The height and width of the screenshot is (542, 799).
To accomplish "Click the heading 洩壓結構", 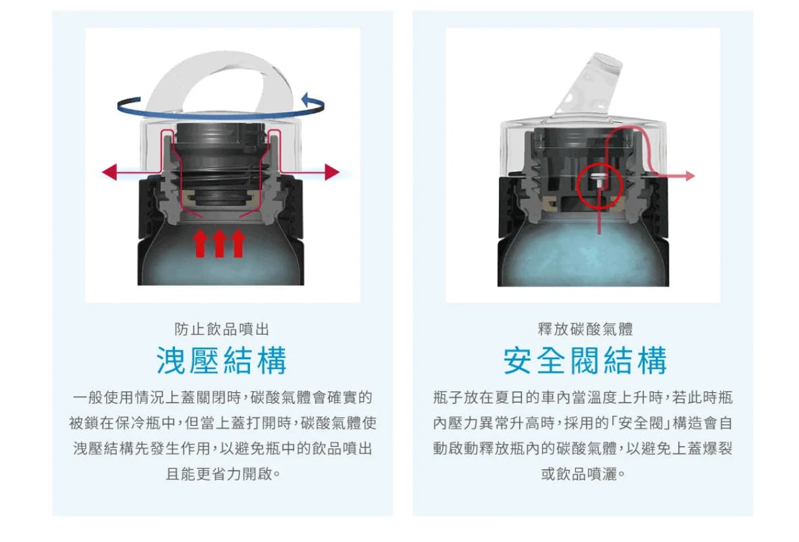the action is click(x=222, y=360).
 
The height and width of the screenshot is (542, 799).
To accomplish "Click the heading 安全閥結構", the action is click(x=585, y=360).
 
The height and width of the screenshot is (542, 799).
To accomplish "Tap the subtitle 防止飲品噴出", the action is click(x=222, y=329).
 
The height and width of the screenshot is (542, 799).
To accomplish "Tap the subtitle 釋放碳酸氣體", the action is click(x=585, y=329).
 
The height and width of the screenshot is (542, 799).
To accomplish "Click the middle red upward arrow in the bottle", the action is click(x=219, y=244).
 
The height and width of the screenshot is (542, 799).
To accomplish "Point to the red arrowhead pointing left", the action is click(x=110, y=172).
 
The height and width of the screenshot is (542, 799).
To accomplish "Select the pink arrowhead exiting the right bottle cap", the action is click(x=690, y=176).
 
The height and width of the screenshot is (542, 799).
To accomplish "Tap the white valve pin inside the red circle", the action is click(x=596, y=179).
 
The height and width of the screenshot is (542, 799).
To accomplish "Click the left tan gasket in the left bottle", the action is click(x=191, y=197).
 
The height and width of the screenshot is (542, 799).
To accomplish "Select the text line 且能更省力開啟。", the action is click(x=223, y=474).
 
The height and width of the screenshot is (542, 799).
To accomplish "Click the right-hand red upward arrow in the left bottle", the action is click(x=239, y=244).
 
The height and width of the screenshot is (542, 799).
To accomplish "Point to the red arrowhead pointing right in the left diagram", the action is click(x=332, y=172).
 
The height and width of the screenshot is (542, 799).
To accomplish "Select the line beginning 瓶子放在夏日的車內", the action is click(x=583, y=397).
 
